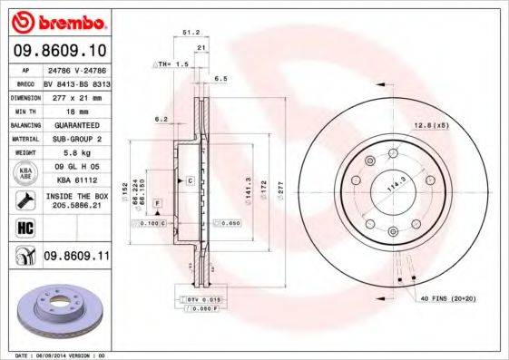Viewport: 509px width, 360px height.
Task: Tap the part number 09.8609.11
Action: (x=77, y=258)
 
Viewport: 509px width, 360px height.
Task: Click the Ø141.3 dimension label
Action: (x=248, y=185)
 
